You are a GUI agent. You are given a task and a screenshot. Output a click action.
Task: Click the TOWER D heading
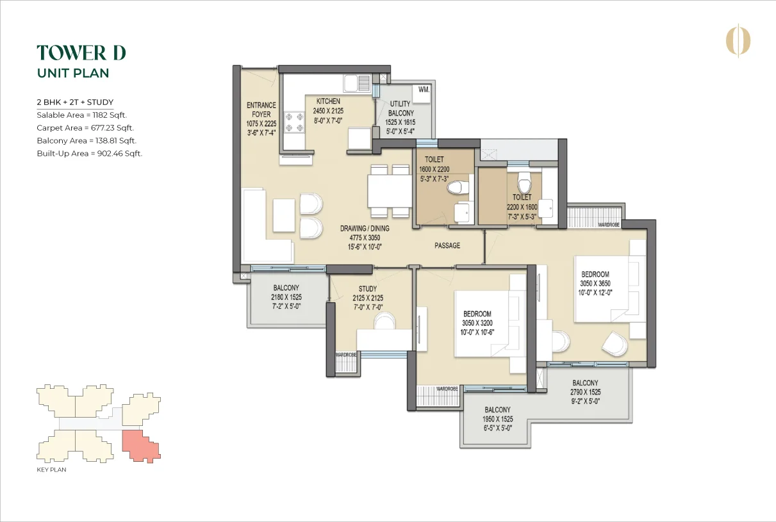click(x=81, y=53)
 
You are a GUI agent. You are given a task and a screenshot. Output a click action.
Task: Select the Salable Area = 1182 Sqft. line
click(x=82, y=115)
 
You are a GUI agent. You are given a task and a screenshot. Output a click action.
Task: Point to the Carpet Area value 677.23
click(x=103, y=127)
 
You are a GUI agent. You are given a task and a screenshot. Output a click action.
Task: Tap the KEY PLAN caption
click(x=51, y=469)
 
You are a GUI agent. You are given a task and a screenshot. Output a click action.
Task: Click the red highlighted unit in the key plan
click(x=140, y=446)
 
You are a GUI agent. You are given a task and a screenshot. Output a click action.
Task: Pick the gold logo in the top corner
click(x=738, y=41)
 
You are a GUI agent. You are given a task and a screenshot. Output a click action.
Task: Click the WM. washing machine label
click(x=424, y=90)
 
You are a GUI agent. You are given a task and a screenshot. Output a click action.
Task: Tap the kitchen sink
click(x=357, y=83)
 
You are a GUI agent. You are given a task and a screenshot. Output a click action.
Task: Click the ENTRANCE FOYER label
click(x=261, y=110)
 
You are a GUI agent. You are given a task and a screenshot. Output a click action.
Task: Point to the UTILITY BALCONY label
click(x=400, y=108)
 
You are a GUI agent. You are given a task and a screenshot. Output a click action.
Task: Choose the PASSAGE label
click(x=447, y=246)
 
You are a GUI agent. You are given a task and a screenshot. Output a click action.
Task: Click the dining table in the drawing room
click(x=390, y=191)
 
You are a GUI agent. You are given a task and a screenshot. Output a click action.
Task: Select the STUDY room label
click(x=368, y=289)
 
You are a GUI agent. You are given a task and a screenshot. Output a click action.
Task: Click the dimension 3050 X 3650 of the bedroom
click(x=595, y=284)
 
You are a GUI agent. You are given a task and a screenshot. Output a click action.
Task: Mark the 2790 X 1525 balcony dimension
click(x=586, y=392)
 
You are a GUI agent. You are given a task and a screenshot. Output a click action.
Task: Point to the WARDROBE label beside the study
click(x=346, y=355)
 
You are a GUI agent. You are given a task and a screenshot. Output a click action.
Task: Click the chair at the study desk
click(x=384, y=321)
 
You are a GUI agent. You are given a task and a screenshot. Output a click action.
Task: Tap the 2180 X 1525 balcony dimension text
click(x=286, y=297)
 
